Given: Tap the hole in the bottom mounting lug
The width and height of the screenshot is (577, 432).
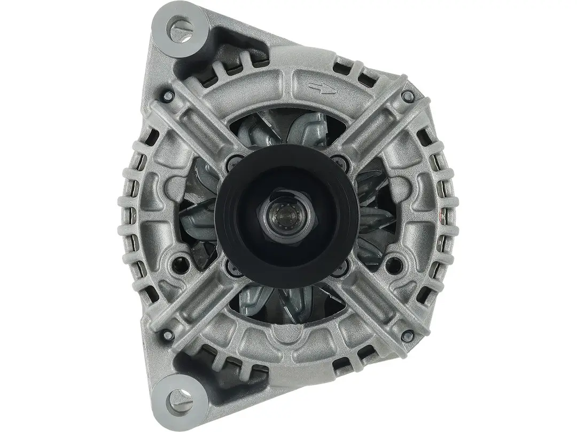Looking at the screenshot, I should [x=178, y=395].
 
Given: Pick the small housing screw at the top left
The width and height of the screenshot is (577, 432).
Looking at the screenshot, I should [x=167, y=97].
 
